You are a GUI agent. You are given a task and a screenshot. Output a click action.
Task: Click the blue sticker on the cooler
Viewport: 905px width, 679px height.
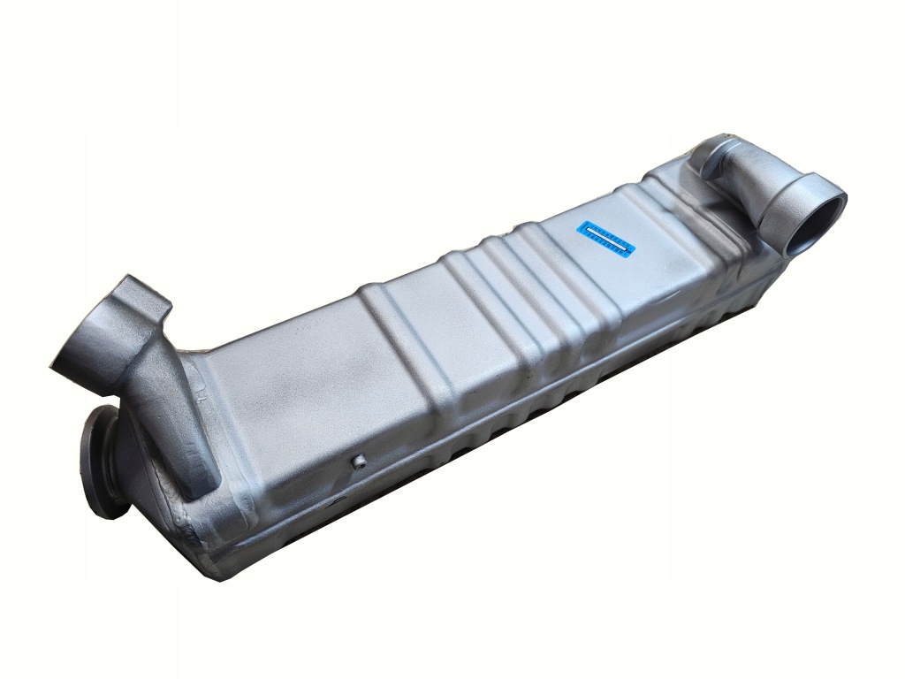click(606, 239)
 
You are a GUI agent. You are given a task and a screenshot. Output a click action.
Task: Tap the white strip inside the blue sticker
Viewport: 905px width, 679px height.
click(606, 239)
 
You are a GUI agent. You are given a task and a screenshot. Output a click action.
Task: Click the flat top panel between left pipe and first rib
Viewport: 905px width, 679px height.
click(292, 380)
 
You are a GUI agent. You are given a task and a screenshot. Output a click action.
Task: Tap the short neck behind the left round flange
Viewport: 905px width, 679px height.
click(119, 455)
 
